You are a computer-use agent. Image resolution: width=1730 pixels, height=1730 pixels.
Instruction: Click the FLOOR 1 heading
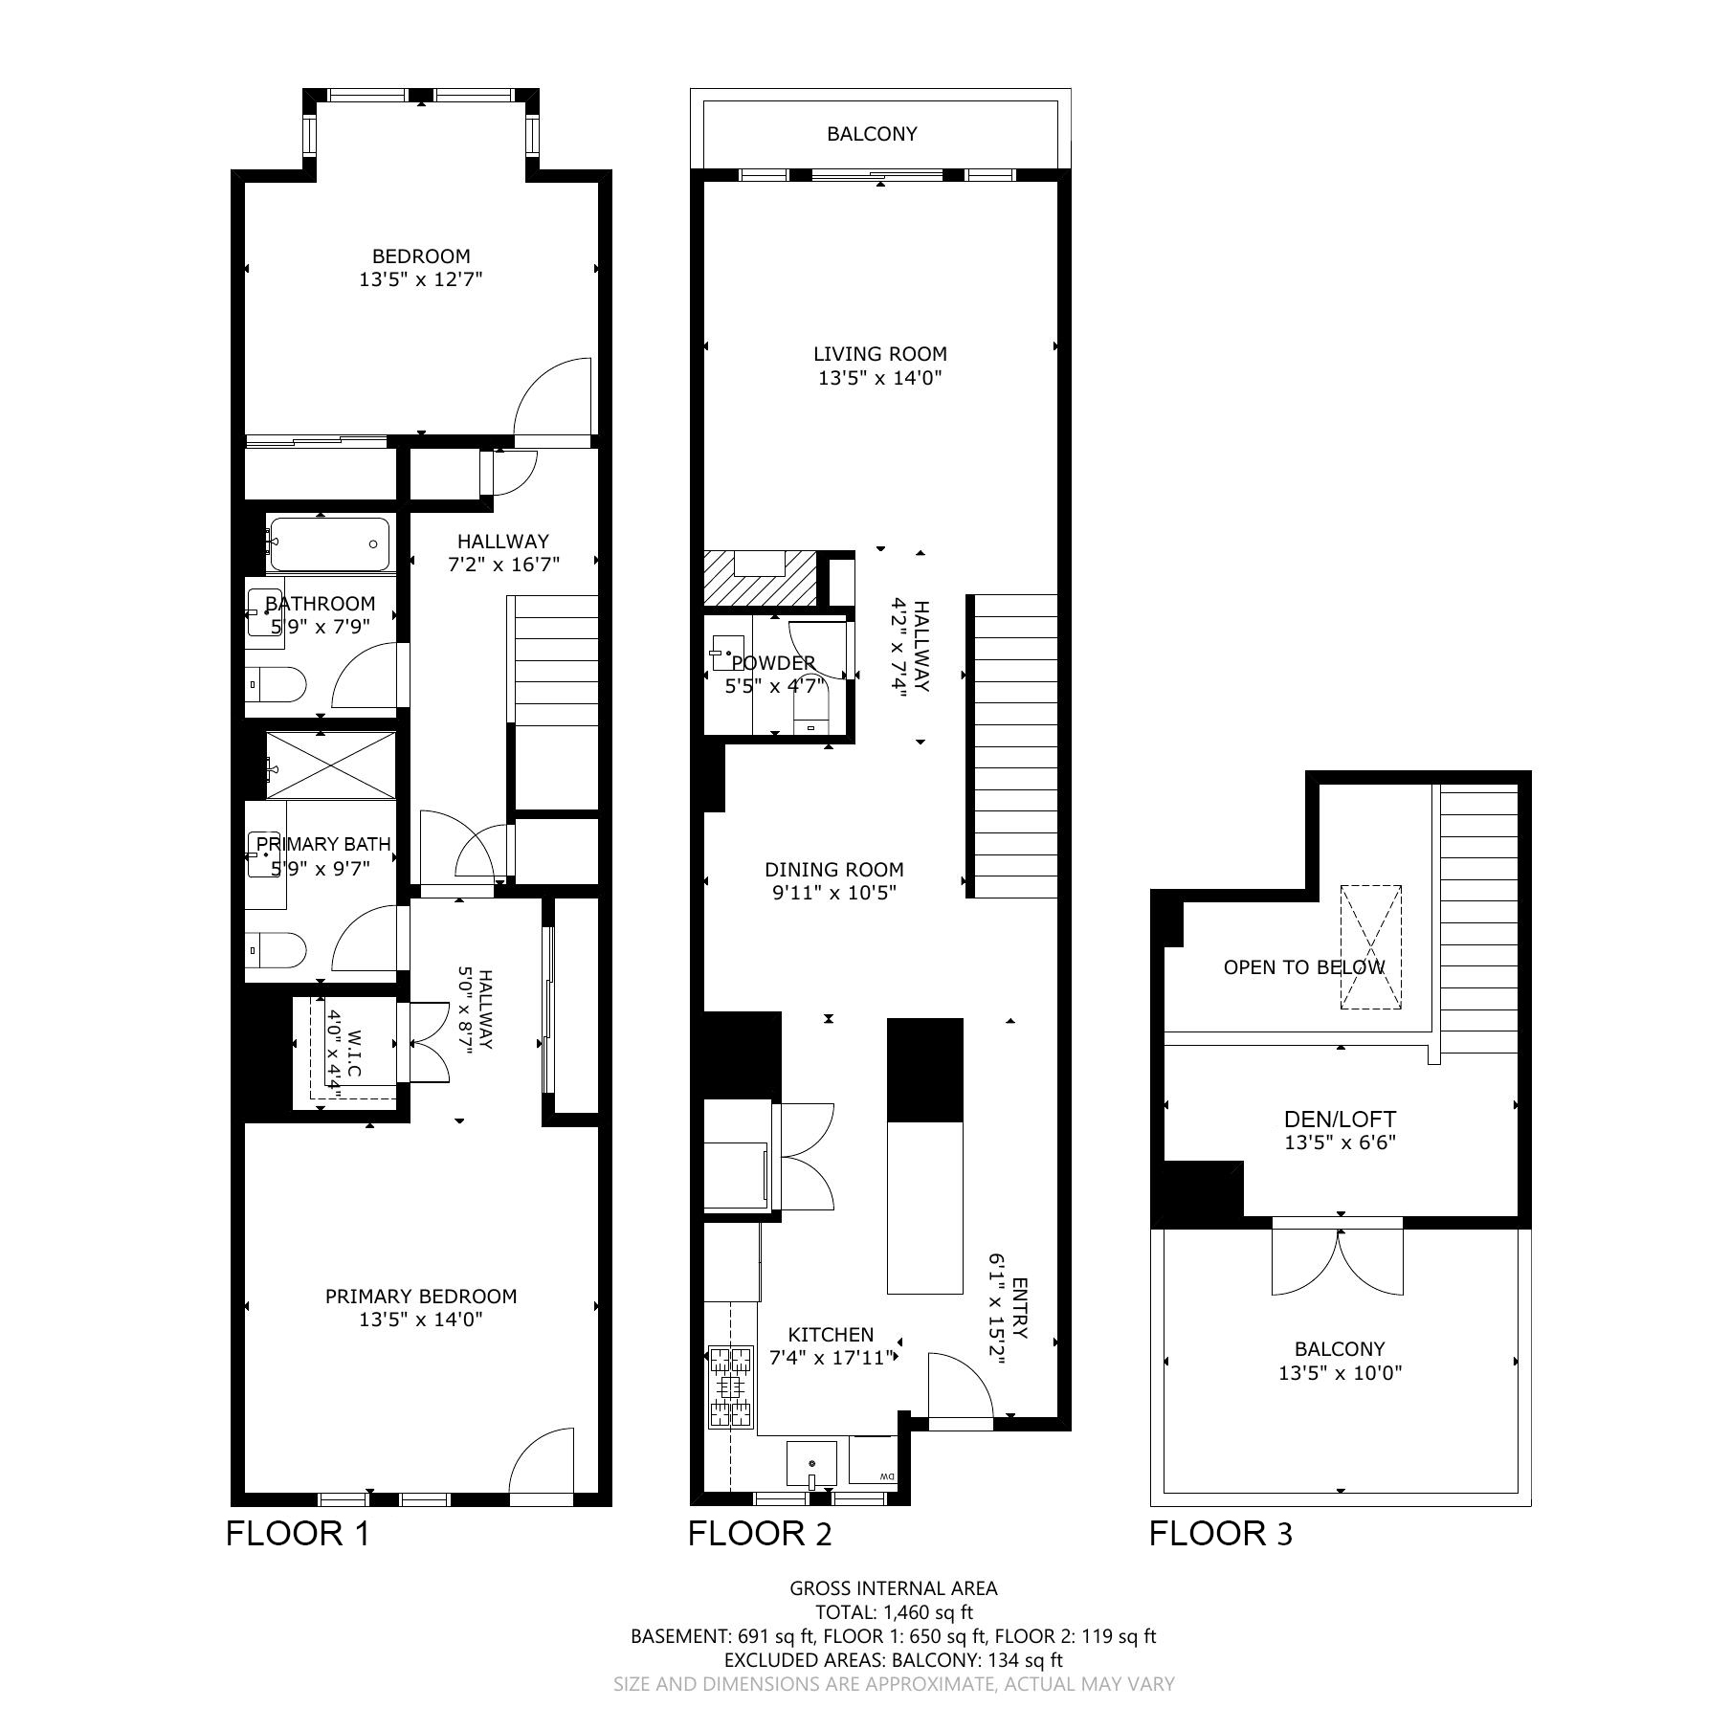(298, 1534)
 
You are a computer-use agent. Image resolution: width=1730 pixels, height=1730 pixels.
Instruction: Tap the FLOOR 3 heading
(1220, 1534)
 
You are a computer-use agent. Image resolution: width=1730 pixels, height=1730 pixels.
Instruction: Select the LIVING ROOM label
(880, 354)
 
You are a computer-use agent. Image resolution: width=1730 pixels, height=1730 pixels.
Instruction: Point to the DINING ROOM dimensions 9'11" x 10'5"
(834, 894)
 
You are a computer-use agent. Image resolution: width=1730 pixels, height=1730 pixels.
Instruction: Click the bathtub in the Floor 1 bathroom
(329, 544)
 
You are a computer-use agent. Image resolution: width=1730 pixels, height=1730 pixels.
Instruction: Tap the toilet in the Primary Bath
(276, 951)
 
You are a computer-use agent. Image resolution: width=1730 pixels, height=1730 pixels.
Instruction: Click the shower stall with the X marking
(330, 765)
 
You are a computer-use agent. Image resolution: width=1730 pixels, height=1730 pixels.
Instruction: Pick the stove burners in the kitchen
(731, 1387)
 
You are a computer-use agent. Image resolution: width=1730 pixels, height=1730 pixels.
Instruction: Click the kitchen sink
(811, 1465)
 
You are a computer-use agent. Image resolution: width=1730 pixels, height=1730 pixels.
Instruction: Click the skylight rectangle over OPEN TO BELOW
(1370, 947)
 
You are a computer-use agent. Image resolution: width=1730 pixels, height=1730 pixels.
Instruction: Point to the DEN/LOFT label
(1340, 1119)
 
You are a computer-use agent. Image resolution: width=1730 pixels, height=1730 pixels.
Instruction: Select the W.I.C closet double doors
(428, 1042)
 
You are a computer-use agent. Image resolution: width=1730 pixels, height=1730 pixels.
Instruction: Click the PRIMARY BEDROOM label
(421, 1297)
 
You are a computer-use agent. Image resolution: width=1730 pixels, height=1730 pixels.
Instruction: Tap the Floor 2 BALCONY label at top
(872, 134)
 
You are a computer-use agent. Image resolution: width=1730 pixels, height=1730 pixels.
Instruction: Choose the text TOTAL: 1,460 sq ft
(894, 1611)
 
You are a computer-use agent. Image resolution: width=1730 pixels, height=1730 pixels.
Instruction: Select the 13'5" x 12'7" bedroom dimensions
(421, 280)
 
